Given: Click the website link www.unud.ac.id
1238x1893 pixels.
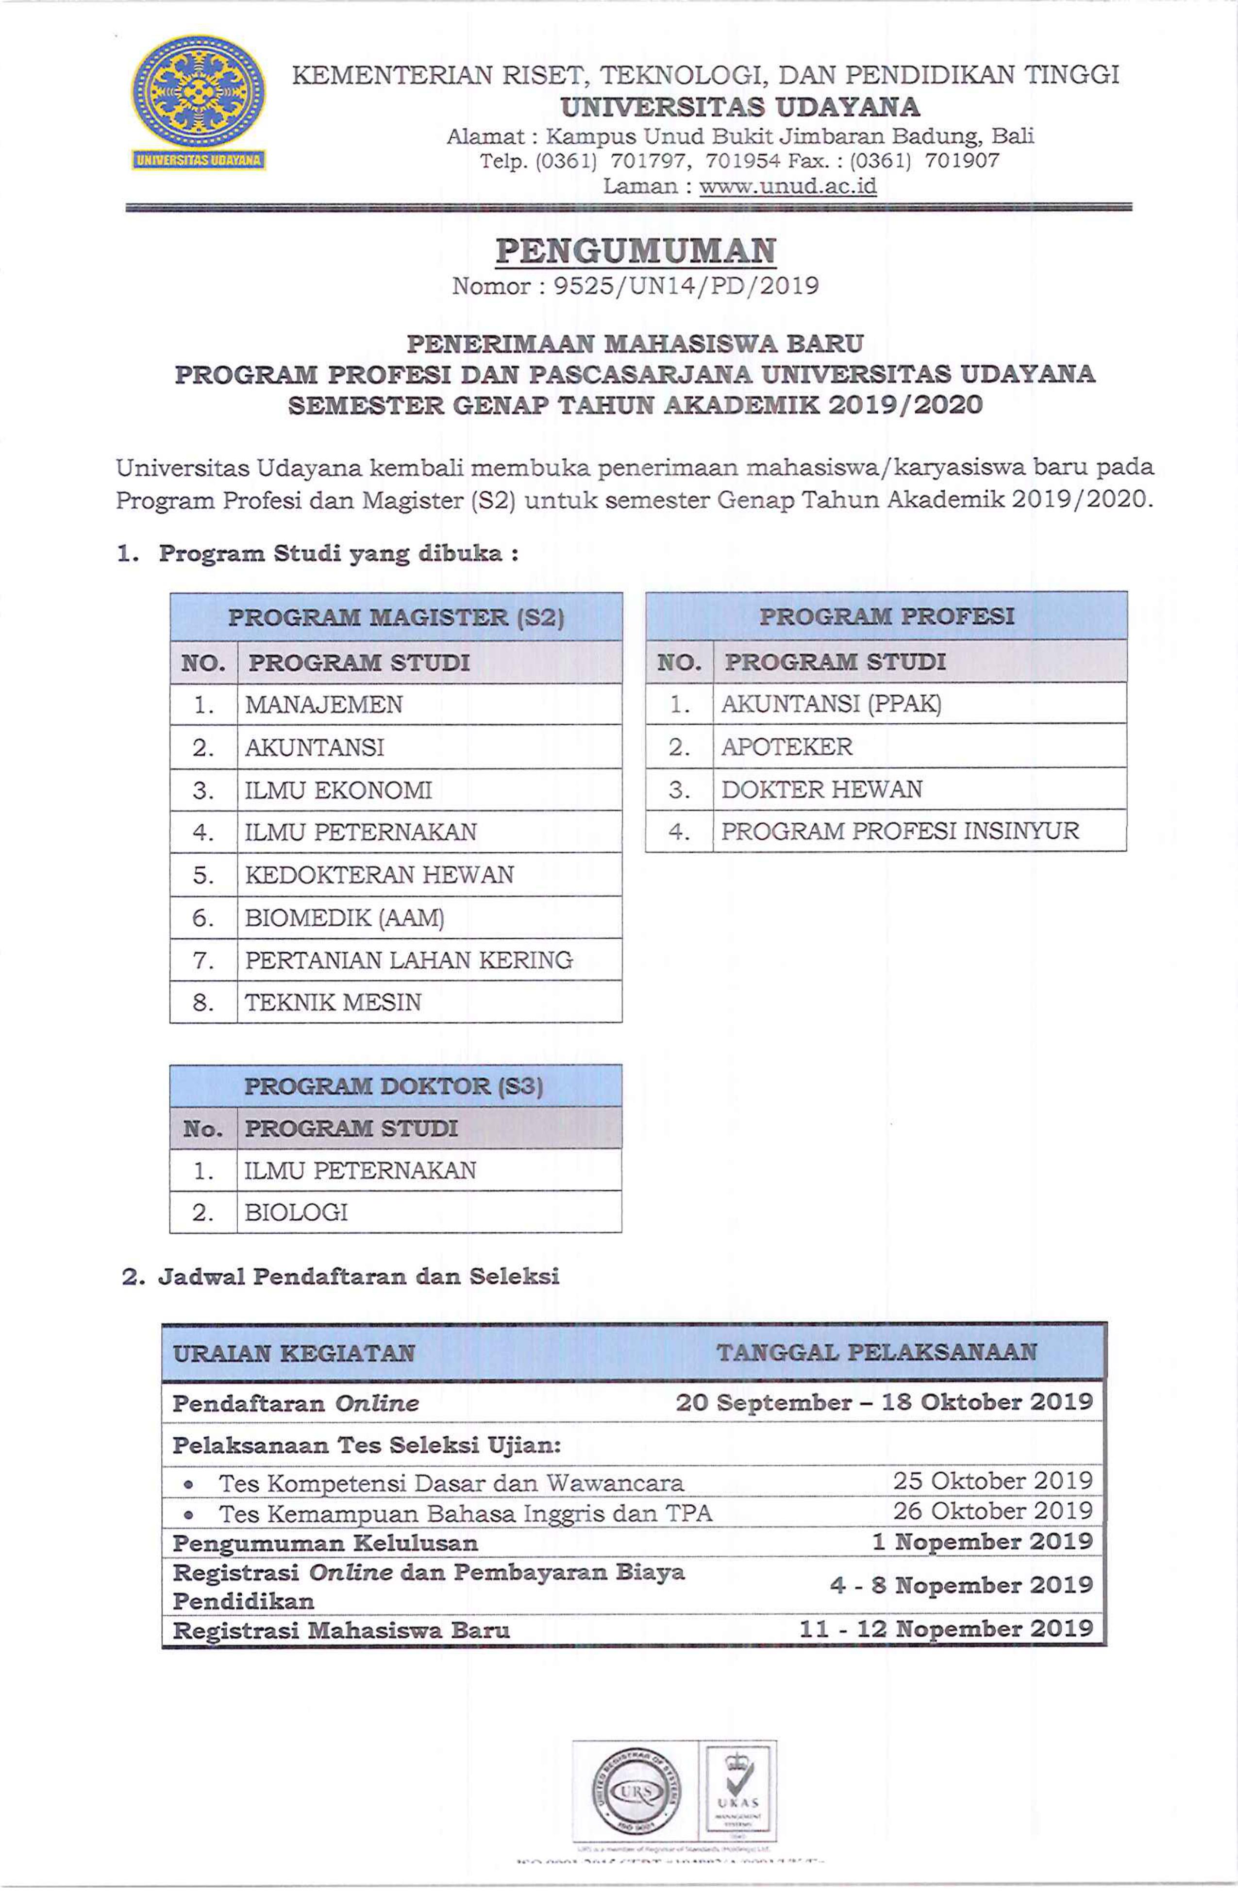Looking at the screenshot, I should pyautogui.click(x=787, y=186).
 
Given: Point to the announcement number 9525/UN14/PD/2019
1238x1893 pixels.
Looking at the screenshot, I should pyautogui.click(x=686, y=285).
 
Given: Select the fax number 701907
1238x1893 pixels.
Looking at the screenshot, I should pyautogui.click(x=961, y=161).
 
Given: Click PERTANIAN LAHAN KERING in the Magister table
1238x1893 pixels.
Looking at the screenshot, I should pyautogui.click(x=408, y=960).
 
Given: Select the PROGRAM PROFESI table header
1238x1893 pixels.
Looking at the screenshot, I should pyautogui.click(x=887, y=615).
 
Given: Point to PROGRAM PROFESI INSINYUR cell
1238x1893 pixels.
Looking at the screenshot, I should pyautogui.click(x=900, y=831).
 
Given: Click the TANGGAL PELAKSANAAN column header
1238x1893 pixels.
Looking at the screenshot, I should pyautogui.click(x=876, y=1352).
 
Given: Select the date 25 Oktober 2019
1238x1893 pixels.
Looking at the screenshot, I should pyautogui.click(x=992, y=1481).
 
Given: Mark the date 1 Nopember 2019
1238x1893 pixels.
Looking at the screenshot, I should pyautogui.click(x=982, y=1542).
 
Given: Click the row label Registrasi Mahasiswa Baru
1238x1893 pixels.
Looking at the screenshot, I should pyautogui.click(x=340, y=1630).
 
